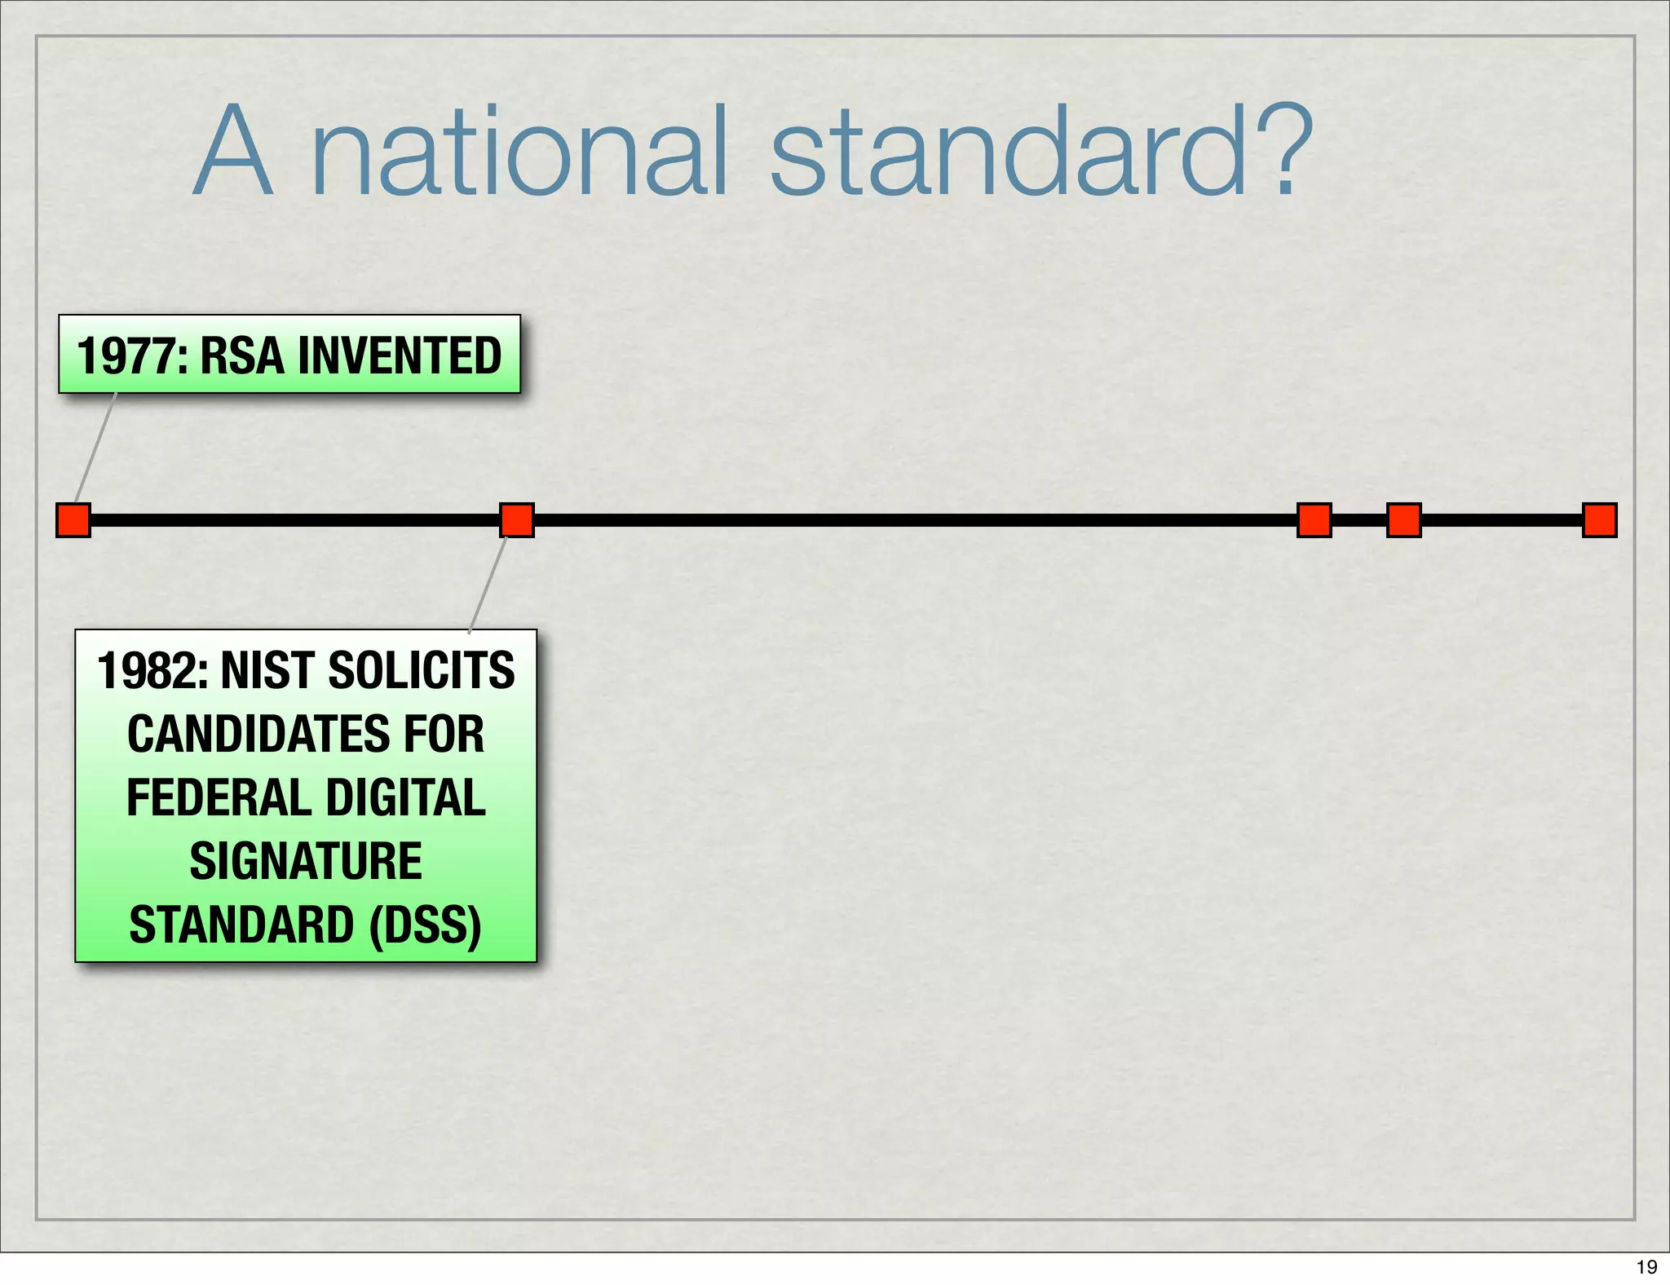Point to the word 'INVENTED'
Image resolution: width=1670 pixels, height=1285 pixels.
coord(399,355)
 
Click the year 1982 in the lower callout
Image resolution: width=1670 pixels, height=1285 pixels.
coord(152,670)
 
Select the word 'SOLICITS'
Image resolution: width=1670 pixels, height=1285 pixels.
coord(421,670)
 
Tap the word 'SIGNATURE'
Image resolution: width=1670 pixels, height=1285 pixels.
coord(306,861)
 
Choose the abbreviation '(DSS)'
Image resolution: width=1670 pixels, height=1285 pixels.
coord(425,925)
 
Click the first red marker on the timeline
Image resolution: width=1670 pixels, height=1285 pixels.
coord(73,520)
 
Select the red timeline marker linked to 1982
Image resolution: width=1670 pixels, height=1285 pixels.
coord(517,520)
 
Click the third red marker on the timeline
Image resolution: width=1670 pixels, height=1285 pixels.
coord(1314,520)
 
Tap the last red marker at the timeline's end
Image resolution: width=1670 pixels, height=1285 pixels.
coord(1599,520)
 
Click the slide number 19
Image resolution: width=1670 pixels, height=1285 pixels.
coord(1646,1266)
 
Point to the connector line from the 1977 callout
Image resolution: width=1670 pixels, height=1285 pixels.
coord(95,448)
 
